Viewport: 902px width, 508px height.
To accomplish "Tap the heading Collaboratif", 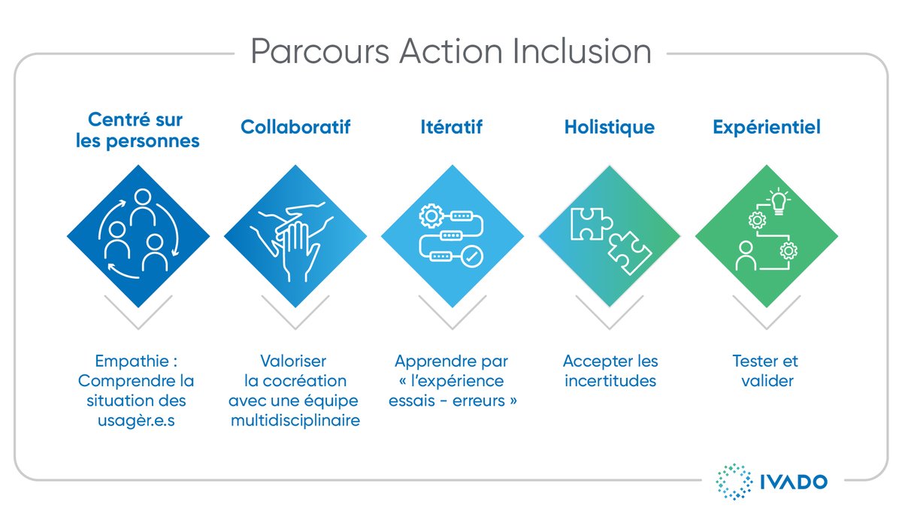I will click(x=295, y=127).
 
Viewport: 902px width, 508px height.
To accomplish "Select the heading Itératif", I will click(x=451, y=127).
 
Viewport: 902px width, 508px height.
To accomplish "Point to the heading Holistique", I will click(x=609, y=127).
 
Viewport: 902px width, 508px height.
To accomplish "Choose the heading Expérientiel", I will click(x=766, y=127).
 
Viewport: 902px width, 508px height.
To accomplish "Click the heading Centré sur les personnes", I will click(x=138, y=130).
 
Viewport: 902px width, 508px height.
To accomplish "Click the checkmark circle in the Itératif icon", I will click(x=471, y=257).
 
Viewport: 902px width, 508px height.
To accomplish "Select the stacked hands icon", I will click(x=295, y=239).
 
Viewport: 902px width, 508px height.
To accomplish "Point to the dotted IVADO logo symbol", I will click(x=732, y=482).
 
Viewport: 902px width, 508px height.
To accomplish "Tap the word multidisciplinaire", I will click(x=295, y=420).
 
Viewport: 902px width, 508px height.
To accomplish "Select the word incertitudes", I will click(x=609, y=381).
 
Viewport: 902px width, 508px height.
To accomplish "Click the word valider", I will click(x=766, y=381).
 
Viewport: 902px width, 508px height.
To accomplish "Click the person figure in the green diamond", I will click(x=746, y=256).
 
